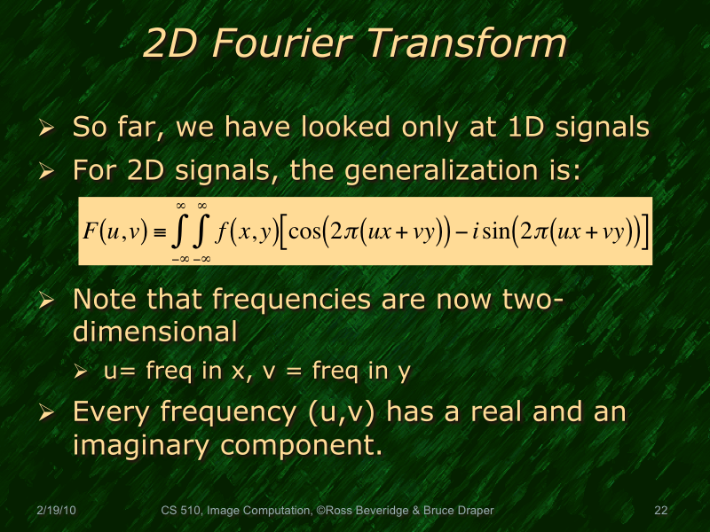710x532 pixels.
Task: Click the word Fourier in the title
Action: (x=284, y=45)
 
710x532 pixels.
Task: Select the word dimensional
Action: (x=154, y=332)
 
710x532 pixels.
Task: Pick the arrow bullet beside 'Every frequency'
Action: (x=49, y=414)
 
